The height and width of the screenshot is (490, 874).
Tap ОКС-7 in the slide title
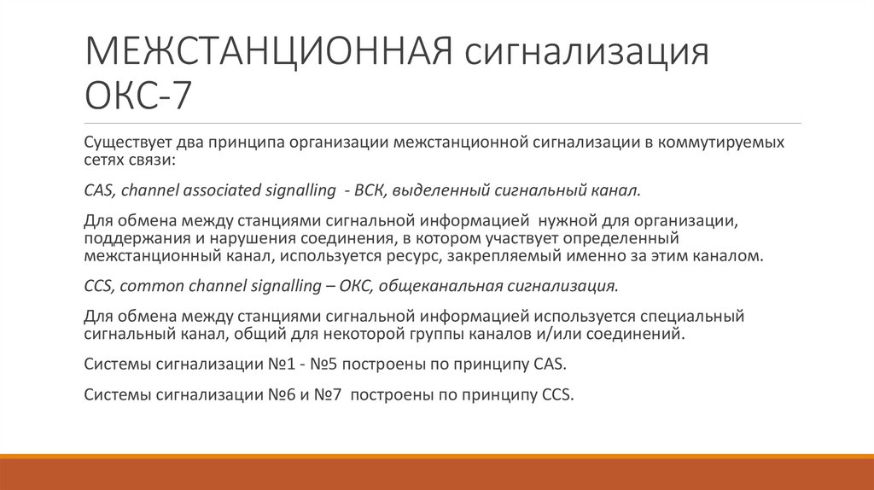(139, 95)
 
